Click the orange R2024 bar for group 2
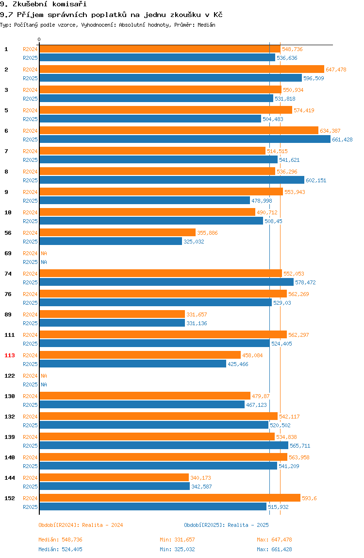pyautogui.click(x=182, y=70)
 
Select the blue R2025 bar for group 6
pyautogui.click(x=185, y=139)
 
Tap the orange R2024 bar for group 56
pyautogui.click(x=117, y=233)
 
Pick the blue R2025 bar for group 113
pyautogui.click(x=132, y=364)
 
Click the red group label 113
pyautogui.click(x=10, y=355)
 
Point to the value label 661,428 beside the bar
pyautogui.click(x=342, y=139)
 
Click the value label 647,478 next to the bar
pyautogui.click(x=336, y=70)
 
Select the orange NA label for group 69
pyautogui.click(x=44, y=253)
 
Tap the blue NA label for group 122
pyautogui.click(x=44, y=384)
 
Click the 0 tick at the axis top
pyautogui.click(x=39, y=39)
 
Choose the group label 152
pyautogui.click(x=10, y=498)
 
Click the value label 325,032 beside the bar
pyautogui.click(x=194, y=242)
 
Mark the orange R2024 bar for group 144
pyautogui.click(x=114, y=478)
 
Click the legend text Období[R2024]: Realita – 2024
pyautogui.click(x=81, y=525)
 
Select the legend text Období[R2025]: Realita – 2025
pyautogui.click(x=227, y=525)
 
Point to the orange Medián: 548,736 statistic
pyautogui.click(x=61, y=540)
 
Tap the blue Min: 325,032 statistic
pyautogui.click(x=177, y=549)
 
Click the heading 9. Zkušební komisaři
pyautogui.click(x=43, y=4)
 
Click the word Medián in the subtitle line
pyautogui.click(x=207, y=25)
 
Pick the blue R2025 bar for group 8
pyautogui.click(x=172, y=180)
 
